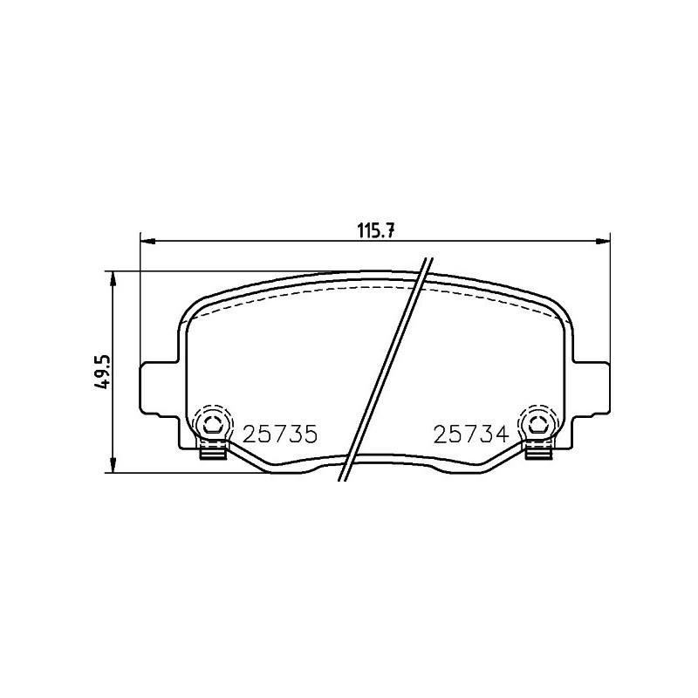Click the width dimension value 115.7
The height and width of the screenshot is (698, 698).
click(377, 230)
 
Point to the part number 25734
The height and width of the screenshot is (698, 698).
click(470, 435)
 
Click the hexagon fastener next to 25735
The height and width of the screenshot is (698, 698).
click(212, 425)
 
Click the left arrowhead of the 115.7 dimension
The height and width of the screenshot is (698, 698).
click(147, 240)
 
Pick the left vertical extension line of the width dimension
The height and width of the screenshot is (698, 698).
click(140, 297)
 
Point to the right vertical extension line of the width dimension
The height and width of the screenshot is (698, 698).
click(609, 297)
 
